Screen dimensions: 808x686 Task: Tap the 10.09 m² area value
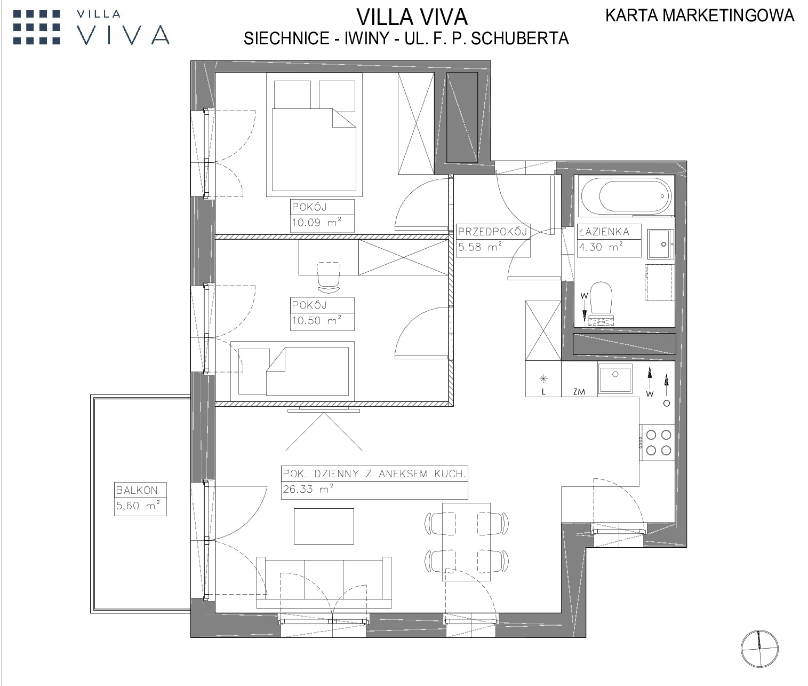317,223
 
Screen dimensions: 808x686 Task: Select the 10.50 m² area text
317,320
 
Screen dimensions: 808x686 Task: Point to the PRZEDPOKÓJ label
493,232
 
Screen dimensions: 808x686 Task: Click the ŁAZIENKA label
604,232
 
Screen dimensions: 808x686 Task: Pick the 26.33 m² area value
308,489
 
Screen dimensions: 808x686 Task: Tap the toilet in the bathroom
601,304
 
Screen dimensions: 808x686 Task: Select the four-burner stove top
657,443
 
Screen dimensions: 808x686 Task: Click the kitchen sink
615,379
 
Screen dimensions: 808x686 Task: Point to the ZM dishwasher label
579,391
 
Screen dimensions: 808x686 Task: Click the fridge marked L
543,379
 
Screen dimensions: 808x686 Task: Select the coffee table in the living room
324,526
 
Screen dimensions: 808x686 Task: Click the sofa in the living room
324,582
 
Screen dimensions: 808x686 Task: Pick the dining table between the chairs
466,542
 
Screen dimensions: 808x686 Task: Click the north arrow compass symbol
759,649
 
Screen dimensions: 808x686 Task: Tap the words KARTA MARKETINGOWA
700,15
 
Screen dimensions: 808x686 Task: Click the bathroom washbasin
660,244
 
